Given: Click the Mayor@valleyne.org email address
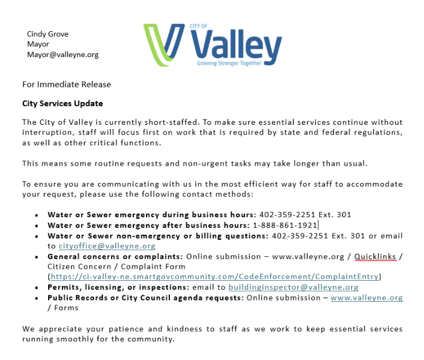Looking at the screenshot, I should (62, 55).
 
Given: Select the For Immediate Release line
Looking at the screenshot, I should (66, 85).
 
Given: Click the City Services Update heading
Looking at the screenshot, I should (62, 103).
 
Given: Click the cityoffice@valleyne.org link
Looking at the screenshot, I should (107, 246).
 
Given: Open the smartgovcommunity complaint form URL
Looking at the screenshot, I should (214, 277).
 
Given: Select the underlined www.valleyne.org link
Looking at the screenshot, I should (366, 298).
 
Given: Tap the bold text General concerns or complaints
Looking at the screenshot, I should (115, 256).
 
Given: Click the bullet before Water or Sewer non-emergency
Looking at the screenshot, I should (37, 236).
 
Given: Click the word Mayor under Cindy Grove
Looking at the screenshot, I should (38, 44).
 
